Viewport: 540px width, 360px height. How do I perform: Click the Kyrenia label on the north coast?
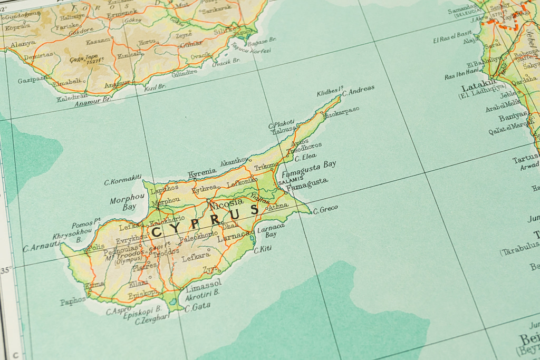coord(202,172)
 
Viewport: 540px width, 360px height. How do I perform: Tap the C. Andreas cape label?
coord(358,90)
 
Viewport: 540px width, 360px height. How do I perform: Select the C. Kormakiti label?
coord(122,180)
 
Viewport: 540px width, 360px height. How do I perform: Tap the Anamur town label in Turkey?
coord(117,83)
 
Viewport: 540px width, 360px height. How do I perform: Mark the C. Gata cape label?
coord(198,306)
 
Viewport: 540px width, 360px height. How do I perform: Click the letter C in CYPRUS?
coord(157,231)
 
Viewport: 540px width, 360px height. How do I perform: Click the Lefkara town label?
coord(196,258)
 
